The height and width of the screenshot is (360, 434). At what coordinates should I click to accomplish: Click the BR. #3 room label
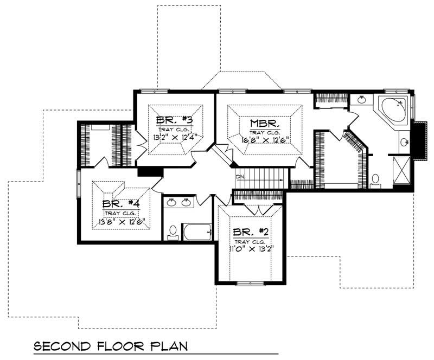point(171,120)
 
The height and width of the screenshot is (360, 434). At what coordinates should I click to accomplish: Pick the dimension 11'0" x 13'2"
point(250,249)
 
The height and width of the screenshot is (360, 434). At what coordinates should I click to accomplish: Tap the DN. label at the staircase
point(241,177)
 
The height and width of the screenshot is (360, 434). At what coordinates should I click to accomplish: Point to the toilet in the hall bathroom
point(173,232)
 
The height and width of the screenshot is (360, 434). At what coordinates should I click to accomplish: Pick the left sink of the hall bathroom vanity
point(172,203)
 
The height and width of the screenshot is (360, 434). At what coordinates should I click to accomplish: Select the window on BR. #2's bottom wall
point(250,282)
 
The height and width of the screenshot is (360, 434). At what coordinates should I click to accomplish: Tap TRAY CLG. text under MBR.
point(264,132)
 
